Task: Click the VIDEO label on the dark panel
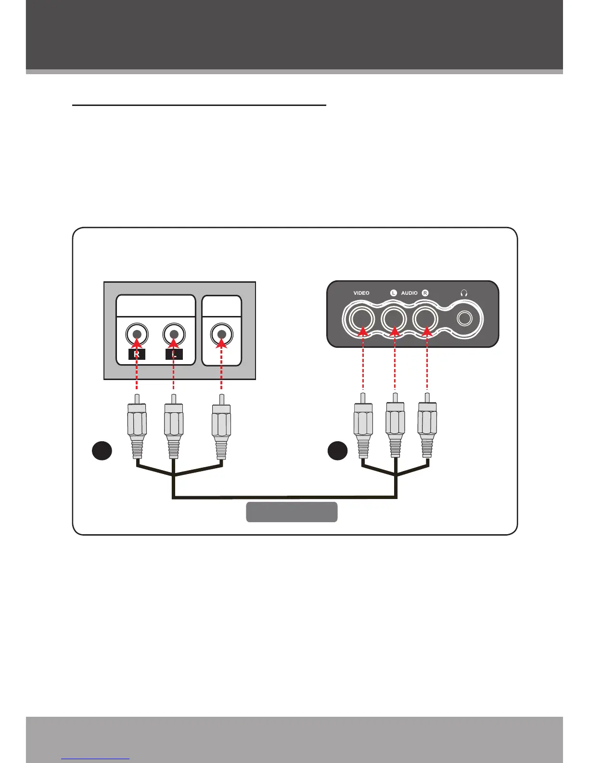point(361,293)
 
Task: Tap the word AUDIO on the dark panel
point(409,293)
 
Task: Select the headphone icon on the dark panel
point(464,293)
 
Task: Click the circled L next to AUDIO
point(393,293)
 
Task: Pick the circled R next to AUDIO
point(425,293)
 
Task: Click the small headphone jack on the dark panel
point(464,318)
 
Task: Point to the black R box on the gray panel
point(137,355)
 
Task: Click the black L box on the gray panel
point(174,355)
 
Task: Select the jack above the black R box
point(137,334)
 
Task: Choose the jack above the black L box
point(174,334)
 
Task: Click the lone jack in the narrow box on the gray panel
point(221,334)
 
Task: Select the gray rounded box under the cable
point(292,512)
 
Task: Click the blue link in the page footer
point(96,759)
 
